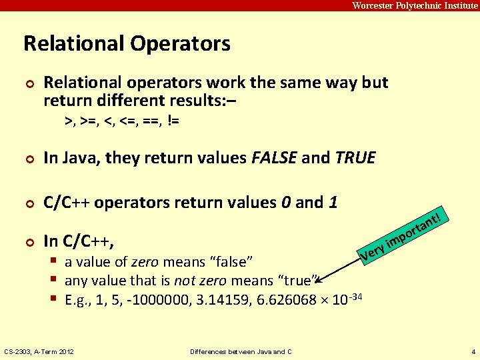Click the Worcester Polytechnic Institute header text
click(x=415, y=5)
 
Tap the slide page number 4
click(x=472, y=351)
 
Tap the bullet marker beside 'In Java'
click(x=28, y=159)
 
